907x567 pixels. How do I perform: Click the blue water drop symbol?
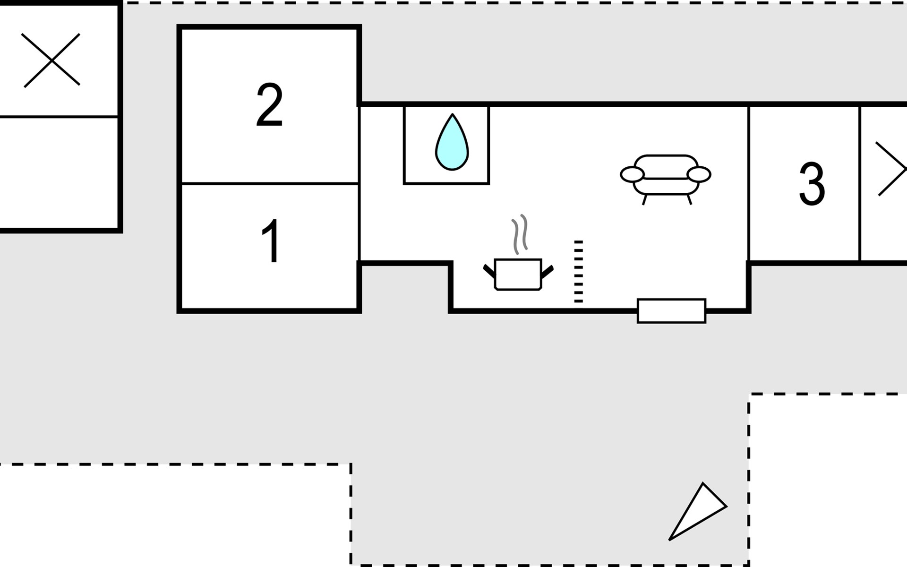click(452, 144)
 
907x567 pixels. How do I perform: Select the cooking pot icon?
click(518, 275)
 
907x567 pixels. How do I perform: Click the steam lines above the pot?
click(520, 234)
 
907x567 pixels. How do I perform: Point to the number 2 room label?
click(269, 105)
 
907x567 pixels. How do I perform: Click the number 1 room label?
click(271, 241)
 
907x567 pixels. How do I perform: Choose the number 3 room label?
click(812, 184)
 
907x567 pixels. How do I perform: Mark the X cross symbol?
click(52, 60)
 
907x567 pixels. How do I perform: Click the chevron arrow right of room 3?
click(891, 169)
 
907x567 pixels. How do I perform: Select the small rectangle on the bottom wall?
click(671, 311)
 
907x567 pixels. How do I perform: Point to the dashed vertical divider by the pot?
click(578, 272)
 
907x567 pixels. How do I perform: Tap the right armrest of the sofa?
click(699, 174)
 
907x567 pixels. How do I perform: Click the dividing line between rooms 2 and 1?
click(270, 183)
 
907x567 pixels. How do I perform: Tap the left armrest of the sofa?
click(632, 174)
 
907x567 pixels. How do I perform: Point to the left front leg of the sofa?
click(644, 200)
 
